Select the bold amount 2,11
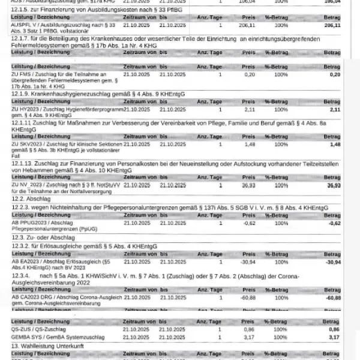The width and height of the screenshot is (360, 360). (352, 110)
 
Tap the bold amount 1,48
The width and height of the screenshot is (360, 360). (352, 145)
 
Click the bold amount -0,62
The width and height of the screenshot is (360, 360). (350, 223)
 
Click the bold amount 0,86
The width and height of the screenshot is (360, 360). (352, 329)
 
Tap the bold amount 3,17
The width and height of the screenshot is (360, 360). (352, 337)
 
